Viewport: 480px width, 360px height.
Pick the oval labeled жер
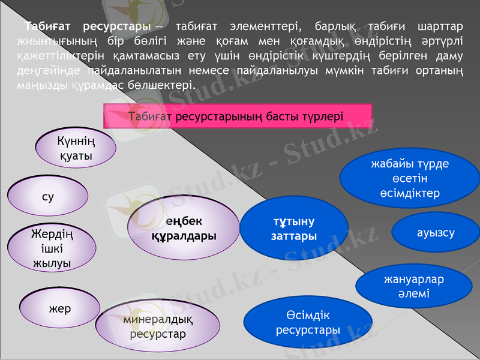click(60, 309)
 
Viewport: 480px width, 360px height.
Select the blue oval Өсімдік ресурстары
click(308, 323)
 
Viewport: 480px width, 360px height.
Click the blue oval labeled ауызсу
click(436, 232)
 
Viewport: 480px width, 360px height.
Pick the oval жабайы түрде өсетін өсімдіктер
click(410, 178)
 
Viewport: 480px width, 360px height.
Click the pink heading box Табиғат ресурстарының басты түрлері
click(238, 116)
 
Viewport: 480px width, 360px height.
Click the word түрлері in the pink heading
click(325, 116)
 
